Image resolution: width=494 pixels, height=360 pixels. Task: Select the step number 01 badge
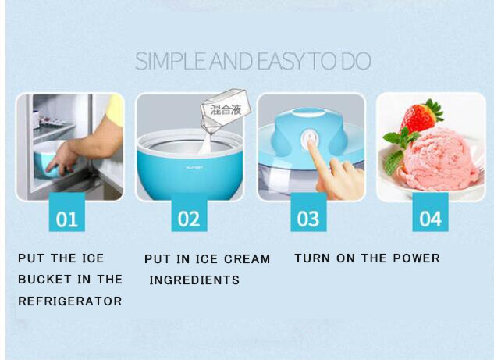(x=67, y=218)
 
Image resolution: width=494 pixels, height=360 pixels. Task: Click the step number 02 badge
(x=188, y=218)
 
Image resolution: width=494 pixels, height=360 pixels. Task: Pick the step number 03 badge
(x=309, y=218)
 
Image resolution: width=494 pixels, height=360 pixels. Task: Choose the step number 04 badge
(x=430, y=218)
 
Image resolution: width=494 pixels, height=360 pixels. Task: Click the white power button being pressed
(x=310, y=141)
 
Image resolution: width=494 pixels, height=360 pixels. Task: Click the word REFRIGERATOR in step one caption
(x=70, y=301)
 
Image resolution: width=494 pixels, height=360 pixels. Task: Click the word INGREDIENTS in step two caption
(x=194, y=280)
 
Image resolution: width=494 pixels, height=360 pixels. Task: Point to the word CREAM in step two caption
(x=243, y=258)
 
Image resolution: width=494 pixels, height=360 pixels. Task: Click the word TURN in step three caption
(x=313, y=258)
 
